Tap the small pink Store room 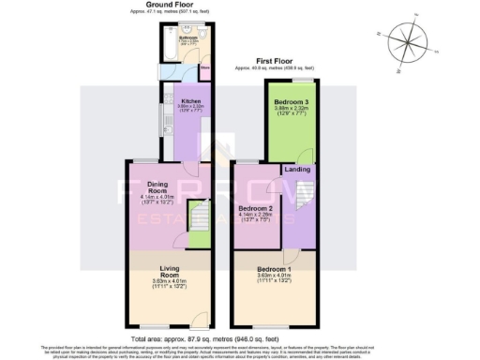pyautogui.click(x=205, y=68)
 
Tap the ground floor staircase pyautogui.click(x=199, y=223)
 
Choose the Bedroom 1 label pyautogui.click(x=276, y=269)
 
